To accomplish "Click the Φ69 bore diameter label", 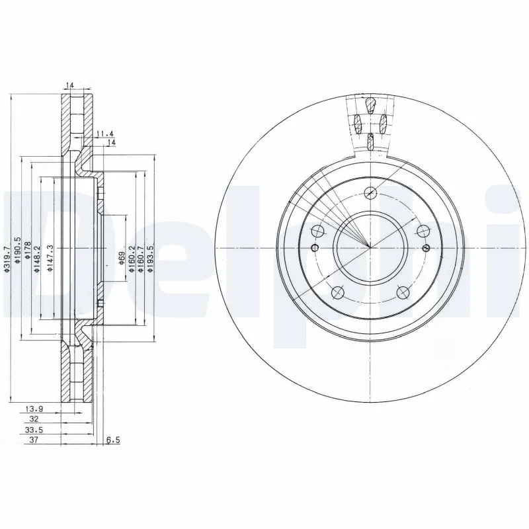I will pos(122,257).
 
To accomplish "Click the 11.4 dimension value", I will pos(103,134).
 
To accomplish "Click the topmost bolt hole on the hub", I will pos(370,192).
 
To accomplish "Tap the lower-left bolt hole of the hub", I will pos(338,292).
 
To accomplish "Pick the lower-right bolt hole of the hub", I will pos(403,292).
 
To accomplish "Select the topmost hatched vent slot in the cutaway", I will pos(371,104).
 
